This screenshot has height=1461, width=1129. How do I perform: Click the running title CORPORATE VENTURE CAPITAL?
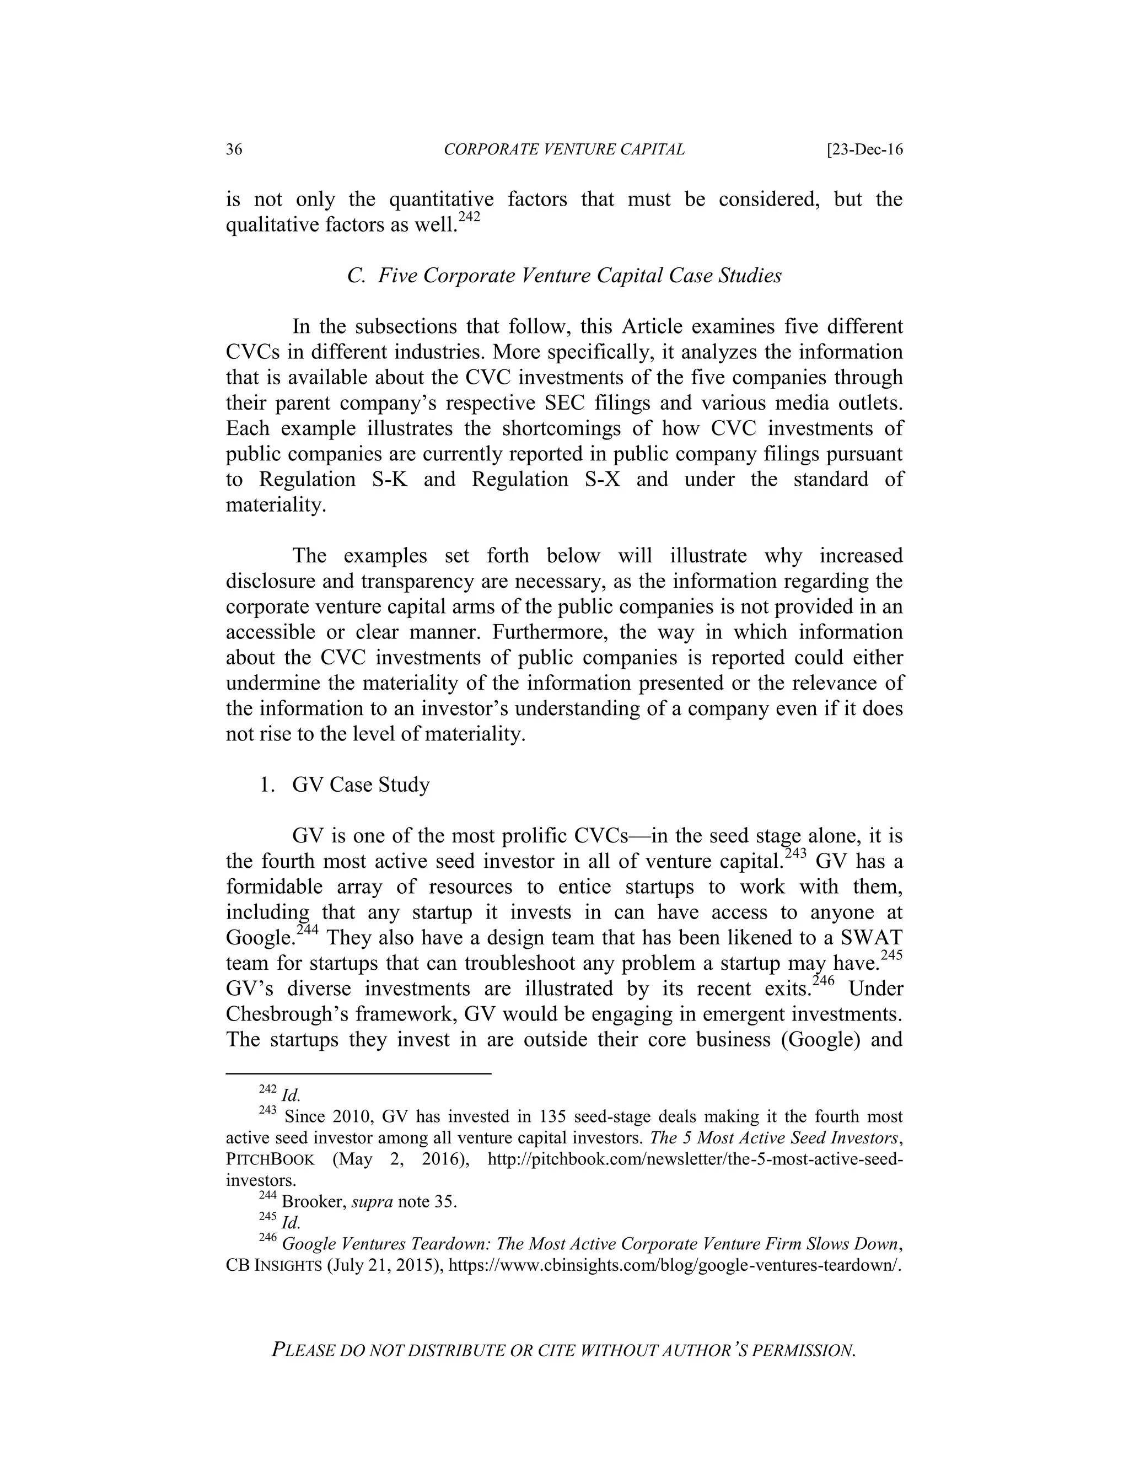tap(564, 149)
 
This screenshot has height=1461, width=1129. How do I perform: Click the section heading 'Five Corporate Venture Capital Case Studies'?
tap(579, 276)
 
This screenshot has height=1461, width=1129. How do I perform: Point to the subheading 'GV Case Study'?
tap(361, 785)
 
